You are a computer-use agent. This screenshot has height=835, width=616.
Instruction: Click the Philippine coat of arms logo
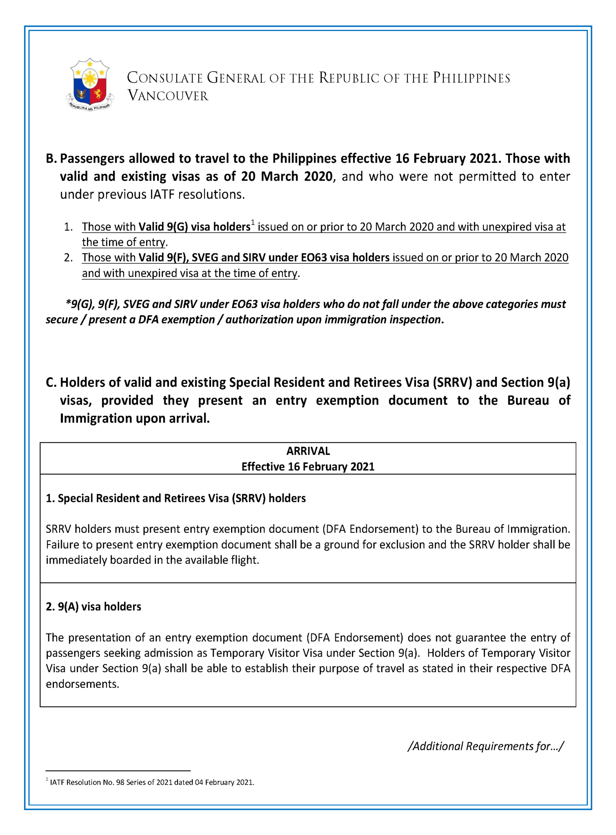pos(90,84)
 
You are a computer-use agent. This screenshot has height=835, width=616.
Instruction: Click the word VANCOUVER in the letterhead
pos(168,96)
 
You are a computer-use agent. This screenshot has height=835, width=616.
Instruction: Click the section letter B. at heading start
pos(51,158)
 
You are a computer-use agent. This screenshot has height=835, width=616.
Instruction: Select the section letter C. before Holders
pos(51,382)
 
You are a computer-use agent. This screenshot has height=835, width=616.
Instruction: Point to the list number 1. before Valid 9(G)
pos(68,227)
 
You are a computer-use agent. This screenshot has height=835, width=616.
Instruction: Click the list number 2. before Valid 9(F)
pos(68,258)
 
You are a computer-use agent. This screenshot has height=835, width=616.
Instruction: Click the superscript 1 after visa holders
pos(253,223)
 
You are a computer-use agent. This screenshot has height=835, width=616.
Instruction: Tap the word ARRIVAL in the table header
pos(308,451)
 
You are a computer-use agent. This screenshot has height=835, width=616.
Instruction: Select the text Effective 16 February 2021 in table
pos(308,466)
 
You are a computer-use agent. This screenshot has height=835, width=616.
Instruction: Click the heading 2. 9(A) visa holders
pos(93,607)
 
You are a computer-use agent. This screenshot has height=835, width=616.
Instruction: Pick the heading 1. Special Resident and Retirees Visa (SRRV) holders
pos(176,498)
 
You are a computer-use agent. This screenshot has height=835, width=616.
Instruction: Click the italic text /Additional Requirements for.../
pos(486,746)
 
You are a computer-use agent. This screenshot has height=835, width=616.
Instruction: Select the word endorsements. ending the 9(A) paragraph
pos(82,684)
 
